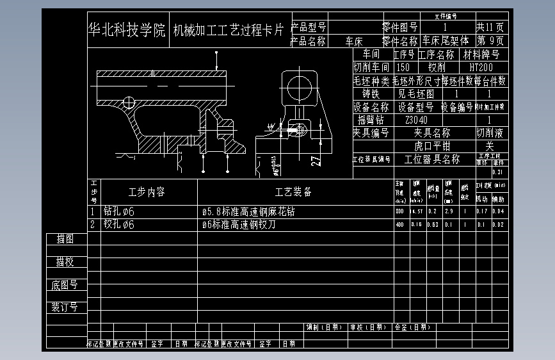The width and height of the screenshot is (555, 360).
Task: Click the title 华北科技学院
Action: [x=127, y=30]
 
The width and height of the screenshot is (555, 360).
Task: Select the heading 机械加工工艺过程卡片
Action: [x=229, y=30]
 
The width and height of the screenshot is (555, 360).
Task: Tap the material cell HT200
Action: [x=481, y=67]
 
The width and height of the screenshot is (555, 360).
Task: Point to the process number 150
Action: [x=403, y=67]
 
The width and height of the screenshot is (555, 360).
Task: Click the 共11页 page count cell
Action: [x=490, y=28]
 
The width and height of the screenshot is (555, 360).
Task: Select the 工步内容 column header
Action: [x=147, y=192]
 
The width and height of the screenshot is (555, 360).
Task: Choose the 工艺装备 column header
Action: [x=293, y=192]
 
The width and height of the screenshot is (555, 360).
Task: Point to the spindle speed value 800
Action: [x=399, y=211]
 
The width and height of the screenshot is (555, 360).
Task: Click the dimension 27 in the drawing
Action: [x=316, y=160]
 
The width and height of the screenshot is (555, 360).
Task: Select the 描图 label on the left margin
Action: [x=65, y=239]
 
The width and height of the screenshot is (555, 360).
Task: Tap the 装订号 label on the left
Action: [x=65, y=307]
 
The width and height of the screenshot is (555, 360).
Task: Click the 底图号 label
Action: [x=65, y=285]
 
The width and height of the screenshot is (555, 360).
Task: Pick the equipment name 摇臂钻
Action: [x=371, y=120]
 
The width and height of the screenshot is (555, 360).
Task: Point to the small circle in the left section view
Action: [x=130, y=101]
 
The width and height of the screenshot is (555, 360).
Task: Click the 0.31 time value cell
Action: [x=497, y=172]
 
